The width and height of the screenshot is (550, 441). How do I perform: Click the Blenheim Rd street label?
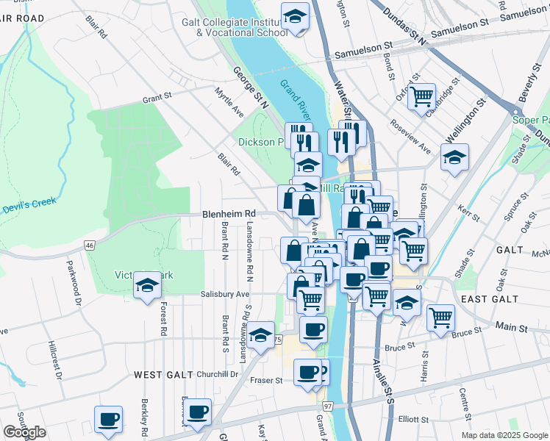point(228,215)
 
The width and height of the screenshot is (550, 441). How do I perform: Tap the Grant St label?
point(157,96)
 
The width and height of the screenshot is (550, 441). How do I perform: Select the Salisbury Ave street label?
point(225,294)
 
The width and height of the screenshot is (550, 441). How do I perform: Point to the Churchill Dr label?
point(215,374)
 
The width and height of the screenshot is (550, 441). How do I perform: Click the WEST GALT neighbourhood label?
point(163,375)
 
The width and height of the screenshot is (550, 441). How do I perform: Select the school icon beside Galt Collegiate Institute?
point(295,18)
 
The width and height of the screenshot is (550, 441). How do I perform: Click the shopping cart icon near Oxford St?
point(421,96)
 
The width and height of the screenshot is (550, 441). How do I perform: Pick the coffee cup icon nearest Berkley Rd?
point(109,419)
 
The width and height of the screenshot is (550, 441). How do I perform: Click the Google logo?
point(25,432)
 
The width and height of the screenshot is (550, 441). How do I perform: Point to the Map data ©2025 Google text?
point(505,435)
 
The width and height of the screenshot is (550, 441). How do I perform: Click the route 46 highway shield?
point(90,244)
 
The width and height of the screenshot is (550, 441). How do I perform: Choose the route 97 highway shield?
point(327,406)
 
